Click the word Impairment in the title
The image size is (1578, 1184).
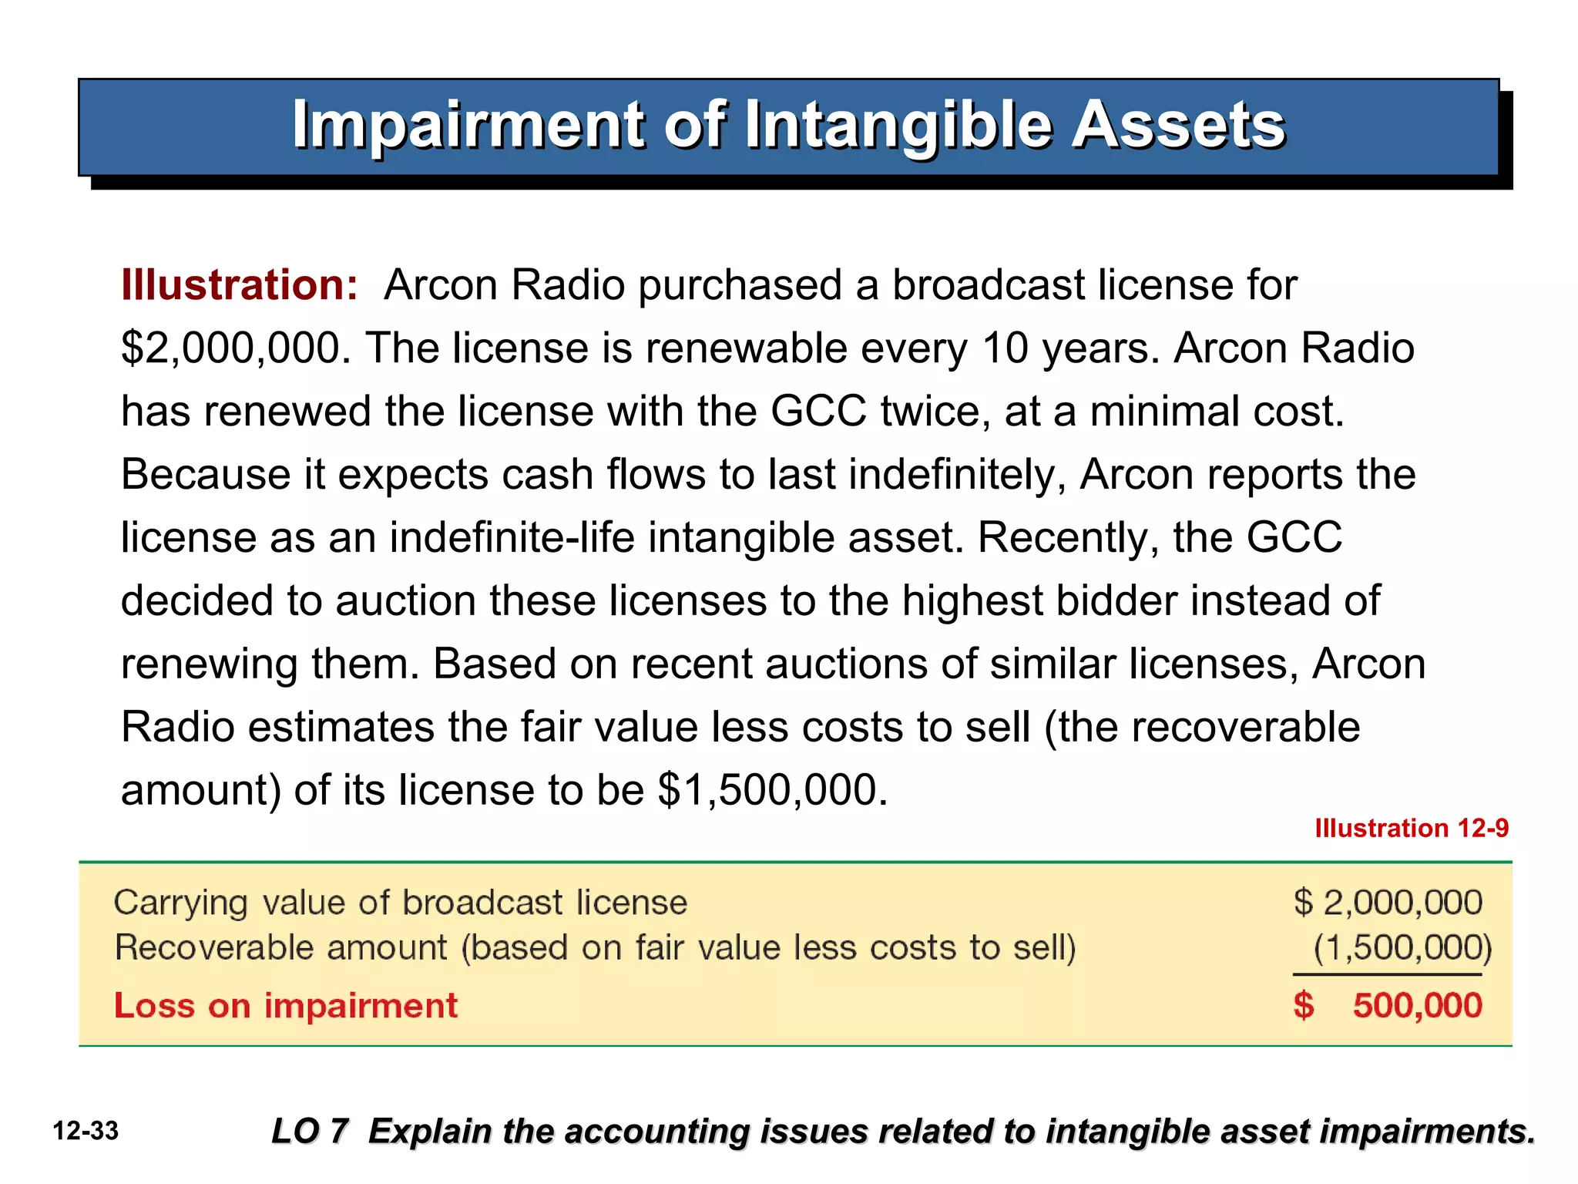pos(468,125)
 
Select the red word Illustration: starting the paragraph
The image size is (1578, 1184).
pos(240,285)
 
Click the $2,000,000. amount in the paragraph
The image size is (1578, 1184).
pos(236,348)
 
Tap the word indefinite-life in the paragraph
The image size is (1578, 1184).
pos(512,537)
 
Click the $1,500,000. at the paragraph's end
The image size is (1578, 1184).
pos(773,790)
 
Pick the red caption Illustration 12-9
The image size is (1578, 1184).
pos(1411,829)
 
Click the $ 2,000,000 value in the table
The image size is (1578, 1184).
pos(1388,903)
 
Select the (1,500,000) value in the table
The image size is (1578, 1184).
pos(1402,947)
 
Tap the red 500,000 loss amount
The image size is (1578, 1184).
pos(1416,1006)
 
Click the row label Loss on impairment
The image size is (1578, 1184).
pos(286,1006)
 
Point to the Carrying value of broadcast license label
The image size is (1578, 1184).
pos(400,903)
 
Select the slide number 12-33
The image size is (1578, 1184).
pos(86,1132)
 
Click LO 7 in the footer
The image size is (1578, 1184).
pos(310,1132)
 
